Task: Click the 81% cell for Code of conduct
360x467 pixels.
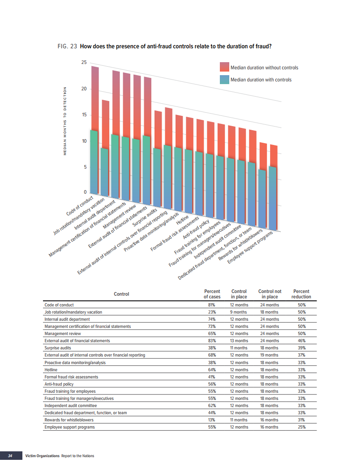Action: (x=212, y=305)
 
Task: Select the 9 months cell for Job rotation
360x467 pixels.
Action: (x=239, y=312)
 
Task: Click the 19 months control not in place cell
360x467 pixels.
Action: (x=270, y=355)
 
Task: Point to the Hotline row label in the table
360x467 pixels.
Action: (x=51, y=370)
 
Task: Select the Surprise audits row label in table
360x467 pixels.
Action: (x=58, y=348)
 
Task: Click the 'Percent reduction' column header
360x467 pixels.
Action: (x=301, y=294)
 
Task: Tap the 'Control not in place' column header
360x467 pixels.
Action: (x=270, y=294)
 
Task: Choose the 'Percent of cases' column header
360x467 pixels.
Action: (x=212, y=294)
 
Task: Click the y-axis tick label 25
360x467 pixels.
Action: (x=84, y=62)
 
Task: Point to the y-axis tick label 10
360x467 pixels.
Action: (x=84, y=141)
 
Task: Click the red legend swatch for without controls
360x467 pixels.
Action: (x=224, y=68)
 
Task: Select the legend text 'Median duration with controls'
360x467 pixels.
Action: (x=261, y=80)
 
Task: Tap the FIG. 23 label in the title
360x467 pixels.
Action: (x=67, y=47)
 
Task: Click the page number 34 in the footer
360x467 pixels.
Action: (x=10, y=456)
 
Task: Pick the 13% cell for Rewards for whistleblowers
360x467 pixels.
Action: (x=212, y=420)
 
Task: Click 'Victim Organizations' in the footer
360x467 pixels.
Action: (x=43, y=456)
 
